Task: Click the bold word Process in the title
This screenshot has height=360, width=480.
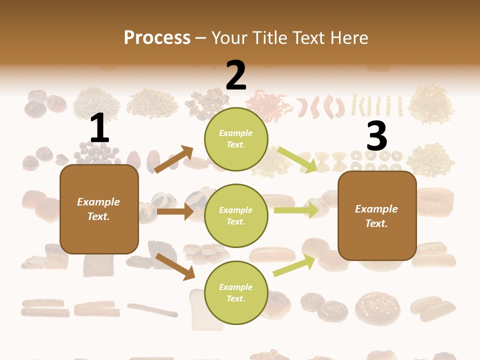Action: (x=157, y=37)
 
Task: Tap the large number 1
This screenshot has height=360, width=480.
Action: (x=99, y=128)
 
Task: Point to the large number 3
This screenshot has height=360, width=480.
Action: (x=376, y=136)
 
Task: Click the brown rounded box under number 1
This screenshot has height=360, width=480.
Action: (x=99, y=209)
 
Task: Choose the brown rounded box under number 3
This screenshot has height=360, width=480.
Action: (x=377, y=215)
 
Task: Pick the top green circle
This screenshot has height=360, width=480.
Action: (x=236, y=139)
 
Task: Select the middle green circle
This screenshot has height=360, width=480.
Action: (x=236, y=215)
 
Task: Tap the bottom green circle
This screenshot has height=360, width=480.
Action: (x=236, y=292)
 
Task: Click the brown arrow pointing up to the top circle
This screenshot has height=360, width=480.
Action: (x=174, y=159)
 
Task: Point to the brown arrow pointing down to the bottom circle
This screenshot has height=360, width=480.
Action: (x=175, y=266)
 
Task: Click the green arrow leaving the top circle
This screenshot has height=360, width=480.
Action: (x=297, y=159)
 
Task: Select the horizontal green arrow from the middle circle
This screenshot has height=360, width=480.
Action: (x=295, y=210)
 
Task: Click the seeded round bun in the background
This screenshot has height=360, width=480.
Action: (x=377, y=307)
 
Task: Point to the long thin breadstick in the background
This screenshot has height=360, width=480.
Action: (x=152, y=309)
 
